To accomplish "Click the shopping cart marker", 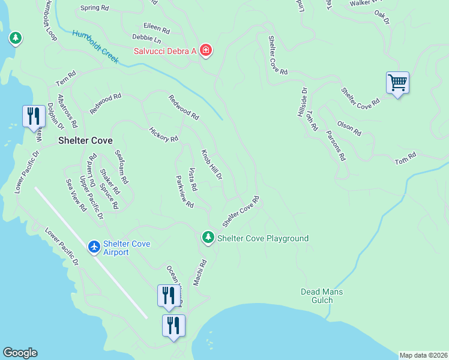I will [x=397, y=82].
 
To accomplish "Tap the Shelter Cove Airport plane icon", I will [x=94, y=247].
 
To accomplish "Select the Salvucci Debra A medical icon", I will [x=206, y=50].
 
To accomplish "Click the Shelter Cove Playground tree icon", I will [x=208, y=238].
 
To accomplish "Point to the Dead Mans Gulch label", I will [x=321, y=296].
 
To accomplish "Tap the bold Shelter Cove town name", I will [x=85, y=141].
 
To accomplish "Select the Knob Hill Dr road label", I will [x=212, y=165].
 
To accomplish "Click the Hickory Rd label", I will [x=163, y=134].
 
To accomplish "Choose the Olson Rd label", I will [x=349, y=128].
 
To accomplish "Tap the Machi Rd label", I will [x=199, y=272].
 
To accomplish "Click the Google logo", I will [x=20, y=353].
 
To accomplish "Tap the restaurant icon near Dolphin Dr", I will [x=33, y=116].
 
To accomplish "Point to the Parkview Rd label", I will [x=184, y=191].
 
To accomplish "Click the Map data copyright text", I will [x=423, y=355].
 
